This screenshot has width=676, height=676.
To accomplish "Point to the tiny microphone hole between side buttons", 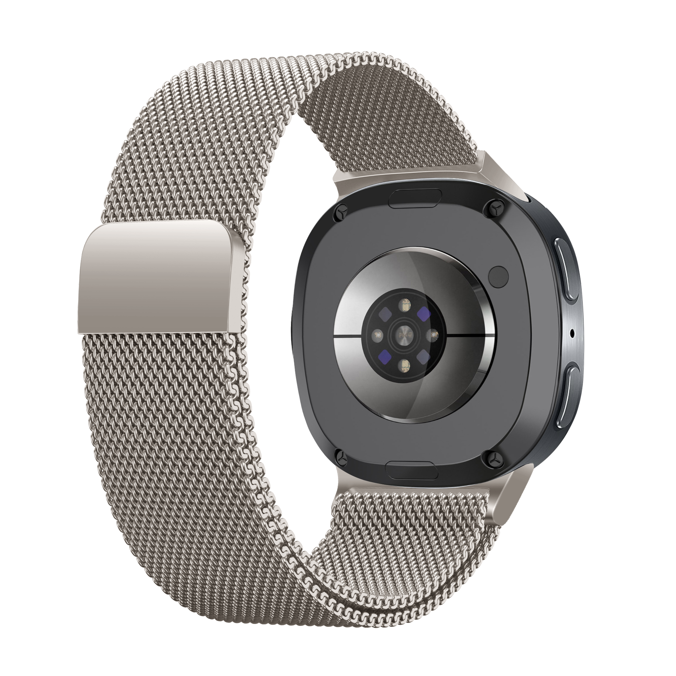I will click(x=572, y=331).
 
